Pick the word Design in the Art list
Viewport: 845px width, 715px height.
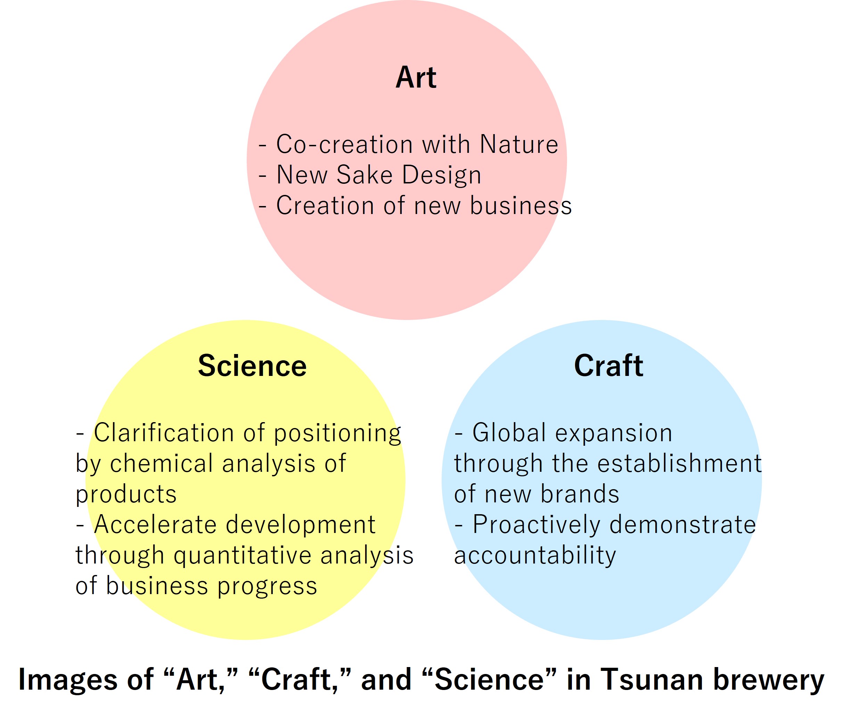442,175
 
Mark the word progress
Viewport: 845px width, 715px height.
267,586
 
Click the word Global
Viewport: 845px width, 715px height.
509,433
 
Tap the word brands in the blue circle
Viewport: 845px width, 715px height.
580,494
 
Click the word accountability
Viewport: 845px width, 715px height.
535,556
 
